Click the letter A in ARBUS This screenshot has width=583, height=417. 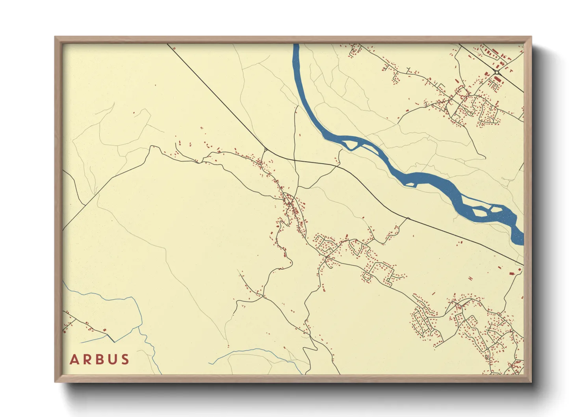[74, 359]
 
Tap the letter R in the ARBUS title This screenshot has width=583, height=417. [87, 359]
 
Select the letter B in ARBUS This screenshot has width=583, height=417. [99, 359]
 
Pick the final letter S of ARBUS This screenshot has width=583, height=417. [125, 359]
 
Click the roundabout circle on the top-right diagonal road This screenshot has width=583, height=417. [497, 73]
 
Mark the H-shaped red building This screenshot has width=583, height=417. [470, 278]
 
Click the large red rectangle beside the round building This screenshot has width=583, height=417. [512, 273]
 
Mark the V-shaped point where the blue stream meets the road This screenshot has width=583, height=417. [114, 341]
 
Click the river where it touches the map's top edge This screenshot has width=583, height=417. [296, 45]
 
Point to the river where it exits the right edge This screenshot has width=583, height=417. [521, 238]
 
